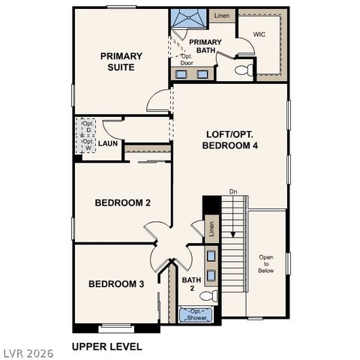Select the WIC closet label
pos(260,34)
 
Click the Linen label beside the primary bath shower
pos(220,15)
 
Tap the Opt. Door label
pos(187,59)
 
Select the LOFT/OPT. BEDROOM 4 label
pos(232,140)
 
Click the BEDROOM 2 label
pos(123,202)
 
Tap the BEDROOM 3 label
pos(116,283)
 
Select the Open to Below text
pos(266,264)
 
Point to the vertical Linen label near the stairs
pos(211,228)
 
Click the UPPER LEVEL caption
pos(106,346)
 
